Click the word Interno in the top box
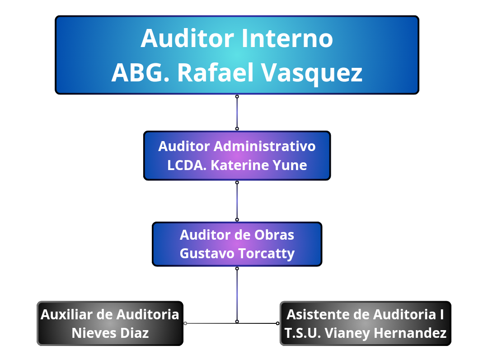coord(286,38)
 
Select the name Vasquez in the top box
coord(311,73)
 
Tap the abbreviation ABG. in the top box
coord(141,72)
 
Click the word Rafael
coord(216,72)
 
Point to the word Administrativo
coord(264,147)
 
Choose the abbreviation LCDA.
coord(187,166)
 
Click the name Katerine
coord(237,166)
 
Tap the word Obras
coord(274,235)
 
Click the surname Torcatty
coord(267,254)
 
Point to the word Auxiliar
coord(66,314)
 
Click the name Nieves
coord(94,333)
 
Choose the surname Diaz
coord(135,333)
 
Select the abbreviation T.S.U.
coord(303,333)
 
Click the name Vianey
coord(347,333)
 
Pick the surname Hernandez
coord(410,333)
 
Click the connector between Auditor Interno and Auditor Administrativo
coord(237,113)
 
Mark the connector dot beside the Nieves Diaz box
coord(185,323)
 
